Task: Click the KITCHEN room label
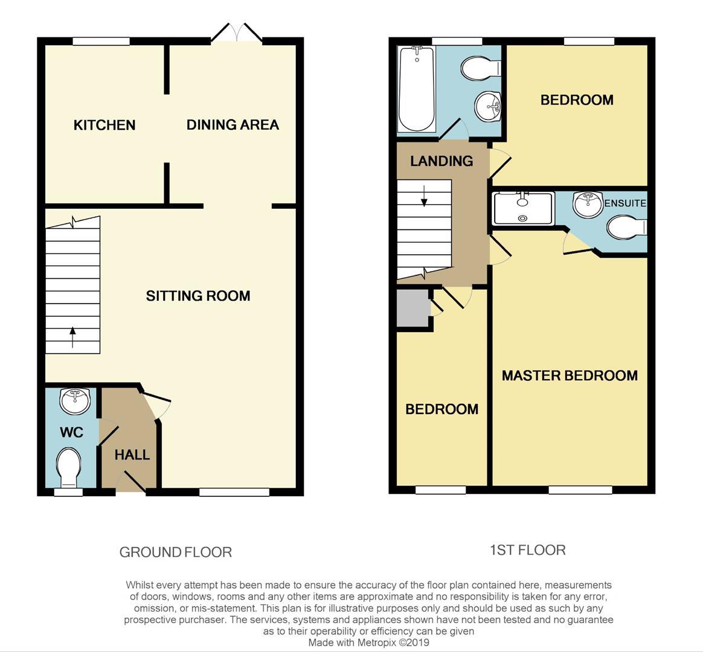104,125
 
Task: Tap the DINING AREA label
233,125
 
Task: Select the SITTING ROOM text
198,296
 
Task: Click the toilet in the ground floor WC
68,467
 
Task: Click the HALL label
132,455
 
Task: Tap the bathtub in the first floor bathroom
417,89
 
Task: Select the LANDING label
441,161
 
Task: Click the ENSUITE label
626,203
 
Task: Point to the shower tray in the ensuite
523,208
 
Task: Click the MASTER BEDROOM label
570,376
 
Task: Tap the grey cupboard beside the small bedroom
412,308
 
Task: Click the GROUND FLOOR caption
176,552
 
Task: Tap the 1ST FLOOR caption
527,550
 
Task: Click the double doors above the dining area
236,33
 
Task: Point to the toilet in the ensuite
626,228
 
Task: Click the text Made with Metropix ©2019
368,642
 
